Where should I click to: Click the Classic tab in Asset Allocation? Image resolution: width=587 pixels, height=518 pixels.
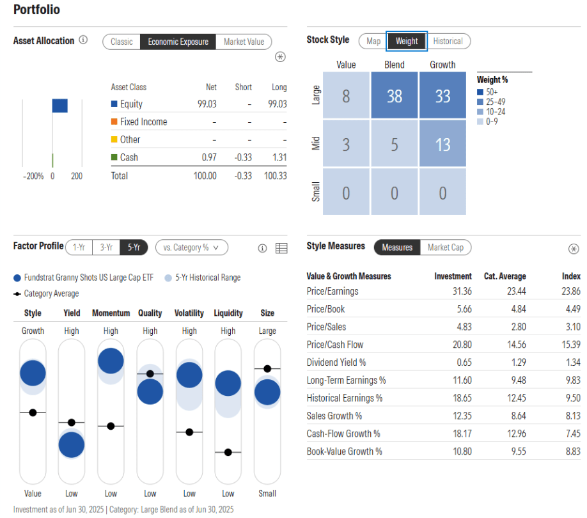click(121, 42)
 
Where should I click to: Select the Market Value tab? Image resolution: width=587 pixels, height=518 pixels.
click(244, 42)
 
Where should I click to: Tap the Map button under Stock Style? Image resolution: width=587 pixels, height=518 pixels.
click(373, 41)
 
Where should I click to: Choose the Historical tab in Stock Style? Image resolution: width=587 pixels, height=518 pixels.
click(448, 41)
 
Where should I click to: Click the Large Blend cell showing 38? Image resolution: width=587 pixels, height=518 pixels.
click(395, 96)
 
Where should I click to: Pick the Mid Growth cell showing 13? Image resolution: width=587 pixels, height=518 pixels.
click(442, 144)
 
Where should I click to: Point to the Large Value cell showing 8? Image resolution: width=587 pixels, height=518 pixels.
click(346, 96)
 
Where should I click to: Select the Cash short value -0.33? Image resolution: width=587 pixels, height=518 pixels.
click(243, 157)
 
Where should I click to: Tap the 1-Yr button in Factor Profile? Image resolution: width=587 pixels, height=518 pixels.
click(79, 247)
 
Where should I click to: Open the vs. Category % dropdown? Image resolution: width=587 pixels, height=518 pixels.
click(191, 247)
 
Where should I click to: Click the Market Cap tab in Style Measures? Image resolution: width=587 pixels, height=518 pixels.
click(446, 247)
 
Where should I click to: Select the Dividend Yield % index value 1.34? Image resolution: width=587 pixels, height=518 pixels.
click(571, 362)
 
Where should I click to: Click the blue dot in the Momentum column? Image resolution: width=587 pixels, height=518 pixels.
click(111, 361)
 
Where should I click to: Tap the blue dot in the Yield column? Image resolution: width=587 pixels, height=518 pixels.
click(72, 446)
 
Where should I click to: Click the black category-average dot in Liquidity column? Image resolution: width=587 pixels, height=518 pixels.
click(228, 452)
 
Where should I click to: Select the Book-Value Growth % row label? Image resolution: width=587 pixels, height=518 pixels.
click(344, 451)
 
